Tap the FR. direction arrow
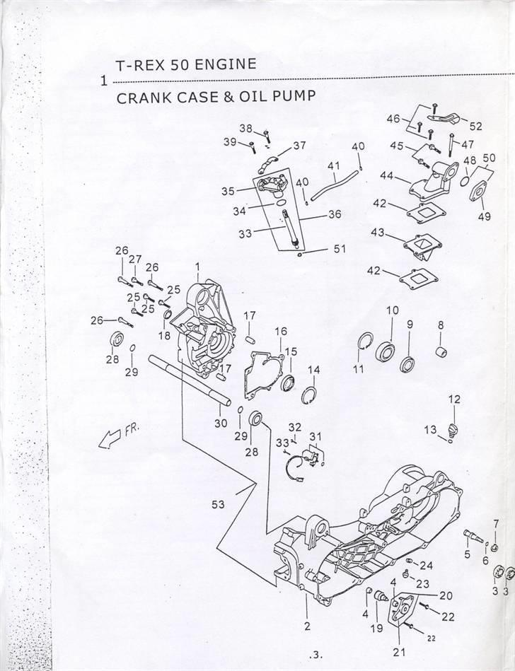(117, 438)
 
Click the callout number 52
(476, 127)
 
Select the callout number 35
(227, 191)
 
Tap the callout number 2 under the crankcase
(307, 625)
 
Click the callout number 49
(483, 216)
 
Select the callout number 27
(136, 259)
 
